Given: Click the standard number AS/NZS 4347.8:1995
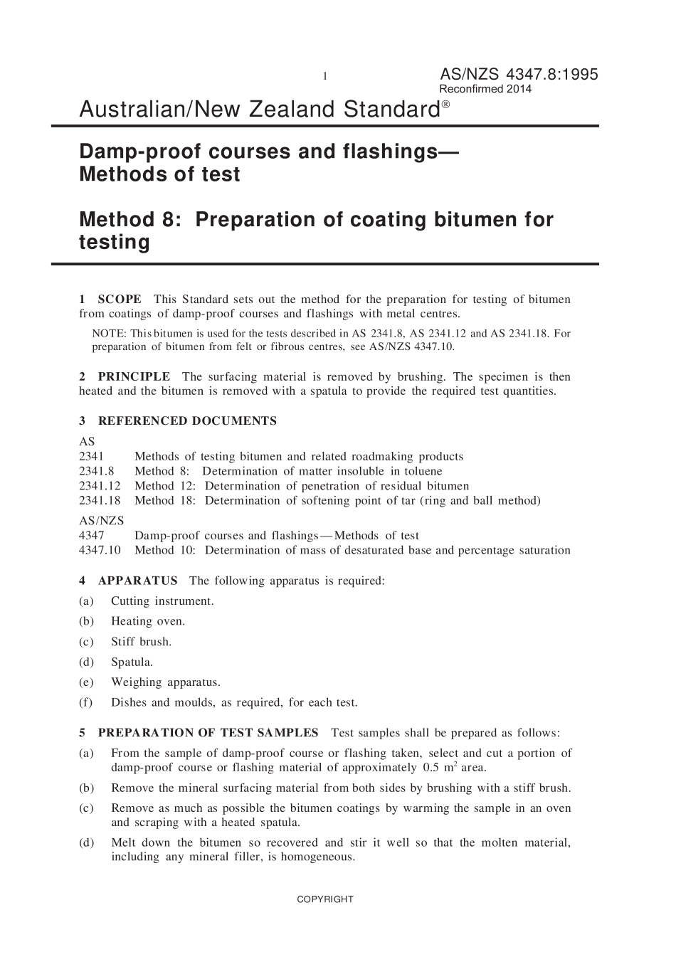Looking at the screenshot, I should [x=519, y=74].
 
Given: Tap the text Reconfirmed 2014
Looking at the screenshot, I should [x=485, y=90].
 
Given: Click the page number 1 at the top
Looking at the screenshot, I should [x=325, y=76].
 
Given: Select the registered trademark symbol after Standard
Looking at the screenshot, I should [x=445, y=104].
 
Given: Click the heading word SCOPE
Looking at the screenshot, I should [x=120, y=299].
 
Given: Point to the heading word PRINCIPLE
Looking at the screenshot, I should [x=134, y=376].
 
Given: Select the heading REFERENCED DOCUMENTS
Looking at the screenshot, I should [x=187, y=421].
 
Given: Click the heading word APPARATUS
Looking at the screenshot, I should [x=138, y=581].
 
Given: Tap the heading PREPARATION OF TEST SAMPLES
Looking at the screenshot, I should [x=208, y=733].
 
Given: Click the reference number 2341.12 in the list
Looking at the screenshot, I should [x=100, y=486].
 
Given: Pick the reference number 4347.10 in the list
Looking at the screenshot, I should [x=100, y=550].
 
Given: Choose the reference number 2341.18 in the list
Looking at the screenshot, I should [x=100, y=500].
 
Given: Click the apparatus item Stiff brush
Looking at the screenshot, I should [x=141, y=642].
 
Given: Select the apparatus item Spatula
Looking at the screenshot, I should [x=132, y=662].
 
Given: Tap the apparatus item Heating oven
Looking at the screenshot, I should [x=147, y=621].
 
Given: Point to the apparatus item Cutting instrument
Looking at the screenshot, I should [x=162, y=601].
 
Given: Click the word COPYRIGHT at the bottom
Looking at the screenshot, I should [x=324, y=899].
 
